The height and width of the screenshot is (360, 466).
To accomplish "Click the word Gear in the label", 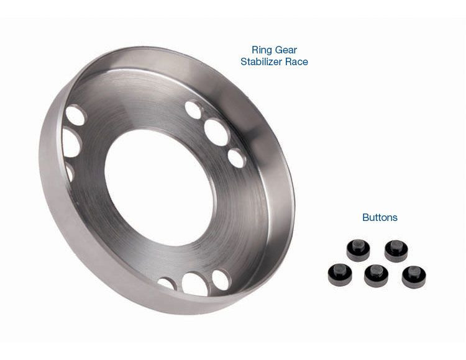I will tap(288, 50).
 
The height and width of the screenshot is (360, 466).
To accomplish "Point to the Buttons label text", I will tap(380, 218).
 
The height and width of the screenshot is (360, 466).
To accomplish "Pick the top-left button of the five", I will tap(359, 250).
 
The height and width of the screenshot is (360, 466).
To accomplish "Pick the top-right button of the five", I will tap(396, 250).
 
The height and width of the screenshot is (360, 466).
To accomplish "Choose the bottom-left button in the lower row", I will tap(340, 274).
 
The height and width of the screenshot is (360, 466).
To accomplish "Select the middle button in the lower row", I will tap(377, 275).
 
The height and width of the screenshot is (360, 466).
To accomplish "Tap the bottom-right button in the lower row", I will tap(413, 275).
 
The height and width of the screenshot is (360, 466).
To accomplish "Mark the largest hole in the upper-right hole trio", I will tap(216, 132).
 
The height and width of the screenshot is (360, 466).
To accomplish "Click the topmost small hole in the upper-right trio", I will tap(194, 110).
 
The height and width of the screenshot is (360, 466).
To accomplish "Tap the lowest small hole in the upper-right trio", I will tap(237, 158).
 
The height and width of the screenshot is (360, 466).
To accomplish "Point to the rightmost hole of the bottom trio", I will tap(221, 280).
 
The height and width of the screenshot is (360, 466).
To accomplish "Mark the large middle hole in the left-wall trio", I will tap(71, 143).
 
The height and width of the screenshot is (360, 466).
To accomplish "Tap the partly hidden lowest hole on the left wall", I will tap(68, 172).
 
